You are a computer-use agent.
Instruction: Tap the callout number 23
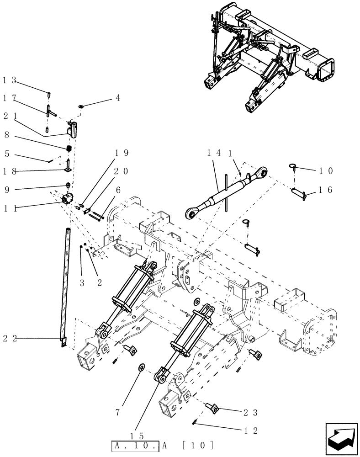(x=251, y=413)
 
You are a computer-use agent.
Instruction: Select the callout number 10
(x=327, y=170)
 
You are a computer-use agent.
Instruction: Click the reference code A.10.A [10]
(x=163, y=444)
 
